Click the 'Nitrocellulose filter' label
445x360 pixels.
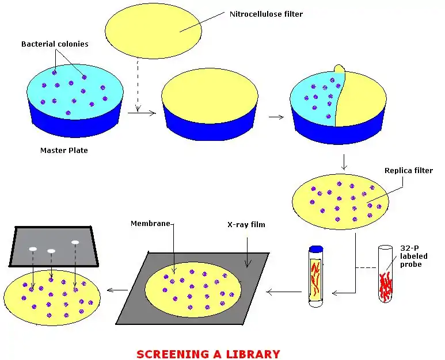pyautogui.click(x=266, y=14)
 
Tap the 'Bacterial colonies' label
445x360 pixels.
pyautogui.click(x=55, y=44)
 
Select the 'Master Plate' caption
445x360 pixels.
pyautogui.click(x=64, y=151)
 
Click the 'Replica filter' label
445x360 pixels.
pyautogui.click(x=408, y=171)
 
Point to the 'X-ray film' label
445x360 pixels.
pyautogui.click(x=246, y=224)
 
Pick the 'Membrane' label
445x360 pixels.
pyautogui.click(x=150, y=223)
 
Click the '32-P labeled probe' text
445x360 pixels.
pyautogui.click(x=413, y=256)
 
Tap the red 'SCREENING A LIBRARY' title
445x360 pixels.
pyautogui.click(x=208, y=354)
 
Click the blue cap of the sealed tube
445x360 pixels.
pyautogui.click(x=315, y=250)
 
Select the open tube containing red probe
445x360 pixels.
pyautogui.click(x=385, y=275)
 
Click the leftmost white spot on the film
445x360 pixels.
pyautogui.click(x=33, y=248)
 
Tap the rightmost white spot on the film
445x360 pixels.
pyautogui.click(x=75, y=242)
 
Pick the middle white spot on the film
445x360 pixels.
pyautogui.click(x=51, y=251)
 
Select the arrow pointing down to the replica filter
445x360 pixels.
pyautogui.click(x=344, y=162)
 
